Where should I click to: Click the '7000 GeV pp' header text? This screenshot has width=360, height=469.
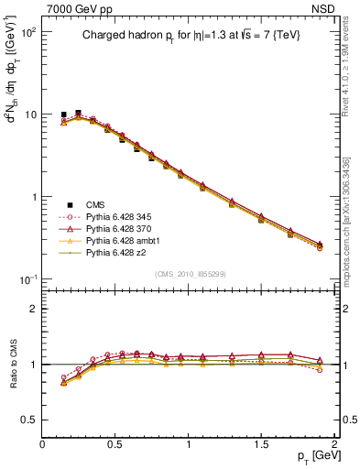(x=75, y=8)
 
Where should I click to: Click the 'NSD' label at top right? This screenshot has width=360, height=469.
(x=322, y=8)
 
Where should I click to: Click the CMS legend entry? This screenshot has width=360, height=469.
(x=93, y=204)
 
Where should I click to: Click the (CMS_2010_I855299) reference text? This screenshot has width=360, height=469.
(x=191, y=274)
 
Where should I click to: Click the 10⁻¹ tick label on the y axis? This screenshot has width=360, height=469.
(x=27, y=279)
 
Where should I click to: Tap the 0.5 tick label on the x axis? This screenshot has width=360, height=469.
(x=115, y=443)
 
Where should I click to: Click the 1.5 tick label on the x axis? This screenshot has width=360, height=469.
(x=262, y=443)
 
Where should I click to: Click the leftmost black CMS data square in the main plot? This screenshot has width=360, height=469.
(x=63, y=115)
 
